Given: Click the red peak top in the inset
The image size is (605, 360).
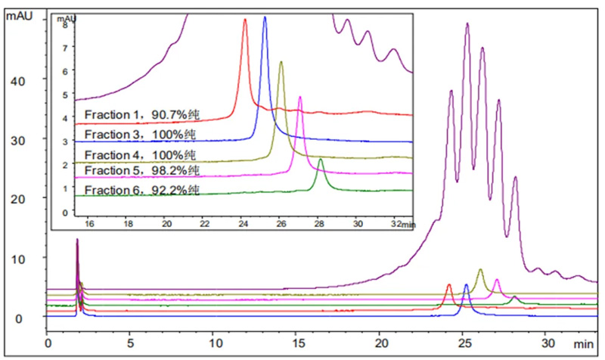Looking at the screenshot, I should [x=245, y=20].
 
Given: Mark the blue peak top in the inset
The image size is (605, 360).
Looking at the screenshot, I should [x=265, y=17].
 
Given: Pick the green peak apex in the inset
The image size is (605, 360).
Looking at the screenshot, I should [x=321, y=159].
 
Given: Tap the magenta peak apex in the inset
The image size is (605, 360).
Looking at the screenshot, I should [x=300, y=98].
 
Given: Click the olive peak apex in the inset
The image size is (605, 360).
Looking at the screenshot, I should [x=281, y=62].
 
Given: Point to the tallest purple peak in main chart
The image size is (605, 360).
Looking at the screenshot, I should [x=467, y=23].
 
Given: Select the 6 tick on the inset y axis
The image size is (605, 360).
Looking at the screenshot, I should [x=66, y=71].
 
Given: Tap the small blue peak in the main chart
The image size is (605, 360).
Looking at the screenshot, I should [x=466, y=285].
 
